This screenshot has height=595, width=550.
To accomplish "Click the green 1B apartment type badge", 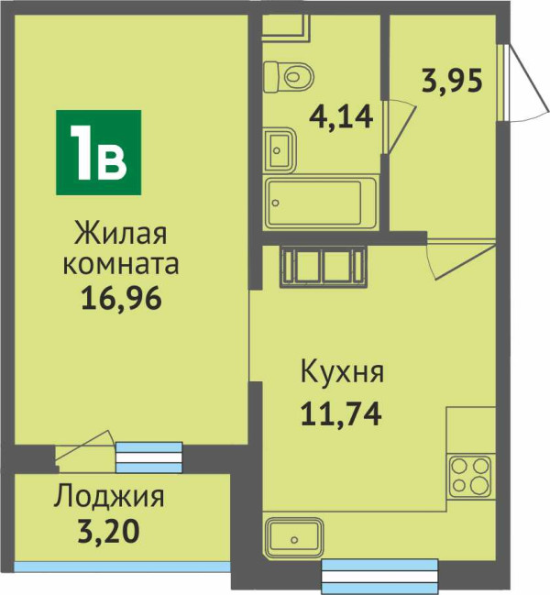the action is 99,152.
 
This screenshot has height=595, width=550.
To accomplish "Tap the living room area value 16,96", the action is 121,298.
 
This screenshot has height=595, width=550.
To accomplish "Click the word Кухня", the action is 342,372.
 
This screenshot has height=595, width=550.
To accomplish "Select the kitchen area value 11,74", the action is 341,414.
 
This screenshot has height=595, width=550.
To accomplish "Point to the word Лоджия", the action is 109,498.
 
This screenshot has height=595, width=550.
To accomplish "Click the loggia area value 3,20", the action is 109,531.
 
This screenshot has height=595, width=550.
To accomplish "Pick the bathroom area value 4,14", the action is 341,116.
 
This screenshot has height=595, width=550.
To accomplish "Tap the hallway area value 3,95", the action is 452,80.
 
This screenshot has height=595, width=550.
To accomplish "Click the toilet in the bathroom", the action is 289,77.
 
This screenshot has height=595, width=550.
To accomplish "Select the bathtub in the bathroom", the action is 321,203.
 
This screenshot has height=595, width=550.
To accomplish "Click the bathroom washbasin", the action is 280,149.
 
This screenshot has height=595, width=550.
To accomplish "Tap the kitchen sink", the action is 294,538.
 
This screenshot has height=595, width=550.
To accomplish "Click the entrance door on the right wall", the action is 522,83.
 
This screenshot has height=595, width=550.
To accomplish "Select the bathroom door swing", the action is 399,127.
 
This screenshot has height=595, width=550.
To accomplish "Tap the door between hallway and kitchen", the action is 461,258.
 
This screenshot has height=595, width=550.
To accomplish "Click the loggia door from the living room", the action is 85,450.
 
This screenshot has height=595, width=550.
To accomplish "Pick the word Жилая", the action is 121,233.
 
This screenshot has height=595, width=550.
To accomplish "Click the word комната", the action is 121,264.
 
